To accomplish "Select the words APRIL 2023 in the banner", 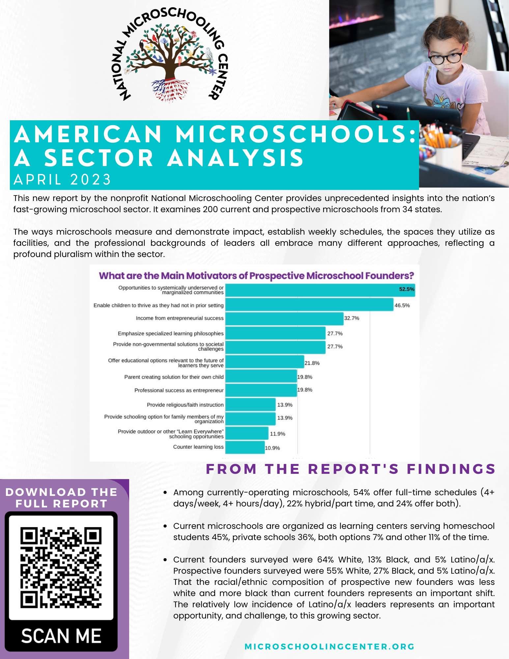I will tap(62, 180).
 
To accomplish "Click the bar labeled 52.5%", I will tap(320, 290).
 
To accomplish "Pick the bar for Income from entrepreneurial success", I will tap(284, 319).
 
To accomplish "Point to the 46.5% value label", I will tap(402, 305).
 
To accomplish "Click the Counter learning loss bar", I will tap(245, 447).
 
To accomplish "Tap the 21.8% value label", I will tap(312, 363).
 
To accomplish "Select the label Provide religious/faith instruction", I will tap(185, 405).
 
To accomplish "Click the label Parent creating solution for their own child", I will tap(174, 377).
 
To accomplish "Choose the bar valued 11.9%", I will tap(247, 434).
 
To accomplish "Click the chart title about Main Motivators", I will tap(256, 276).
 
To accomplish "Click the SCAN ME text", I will tap(61, 636).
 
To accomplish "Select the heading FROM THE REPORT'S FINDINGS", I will tap(351, 469).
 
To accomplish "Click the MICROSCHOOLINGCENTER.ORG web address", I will tap(329, 646).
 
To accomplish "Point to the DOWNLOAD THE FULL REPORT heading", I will tap(62, 498).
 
